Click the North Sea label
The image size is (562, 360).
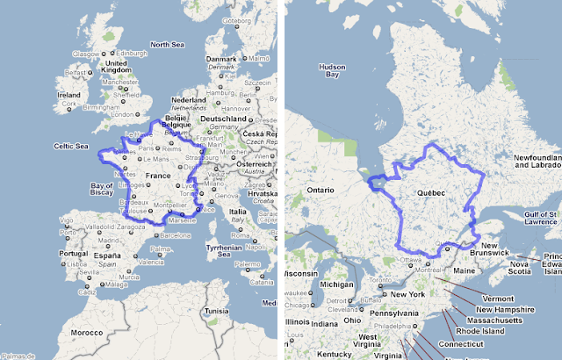click(166, 44)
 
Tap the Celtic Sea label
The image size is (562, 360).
click(69, 146)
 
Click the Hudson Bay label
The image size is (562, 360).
click(333, 70)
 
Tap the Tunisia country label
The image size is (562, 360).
click(217, 311)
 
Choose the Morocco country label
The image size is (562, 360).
click(86, 334)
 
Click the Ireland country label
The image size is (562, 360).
click(68, 95)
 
